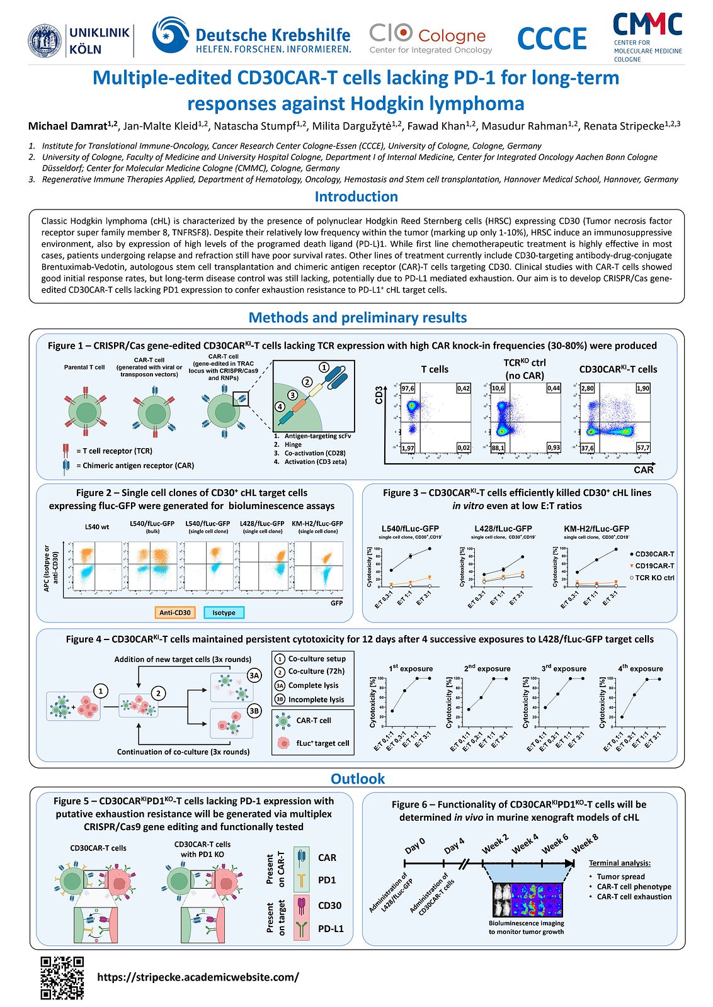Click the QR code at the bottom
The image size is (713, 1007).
(x=62, y=977)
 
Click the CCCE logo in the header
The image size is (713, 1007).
(x=552, y=38)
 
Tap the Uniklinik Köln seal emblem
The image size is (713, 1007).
(x=45, y=40)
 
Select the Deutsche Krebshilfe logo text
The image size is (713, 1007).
(x=273, y=36)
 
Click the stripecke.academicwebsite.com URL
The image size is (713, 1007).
(x=198, y=977)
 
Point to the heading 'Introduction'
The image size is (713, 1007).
(x=356, y=196)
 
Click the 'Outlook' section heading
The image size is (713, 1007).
(x=357, y=779)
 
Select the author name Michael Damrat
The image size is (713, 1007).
(x=72, y=126)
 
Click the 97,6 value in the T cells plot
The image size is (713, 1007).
(x=408, y=388)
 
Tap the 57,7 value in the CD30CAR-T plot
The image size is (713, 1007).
(x=643, y=447)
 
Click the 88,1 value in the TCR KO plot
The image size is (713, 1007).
(x=498, y=447)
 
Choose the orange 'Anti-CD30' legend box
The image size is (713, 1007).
(x=174, y=612)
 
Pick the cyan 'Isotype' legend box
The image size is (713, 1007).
(x=224, y=612)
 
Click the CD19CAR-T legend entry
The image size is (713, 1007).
(x=654, y=566)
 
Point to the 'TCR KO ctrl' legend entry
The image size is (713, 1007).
(x=654, y=578)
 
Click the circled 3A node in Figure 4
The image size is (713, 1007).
(x=254, y=675)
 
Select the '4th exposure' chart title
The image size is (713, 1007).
(x=640, y=668)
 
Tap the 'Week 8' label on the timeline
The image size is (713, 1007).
(x=585, y=843)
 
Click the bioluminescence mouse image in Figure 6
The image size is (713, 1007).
(x=527, y=899)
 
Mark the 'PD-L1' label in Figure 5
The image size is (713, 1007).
(x=331, y=928)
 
